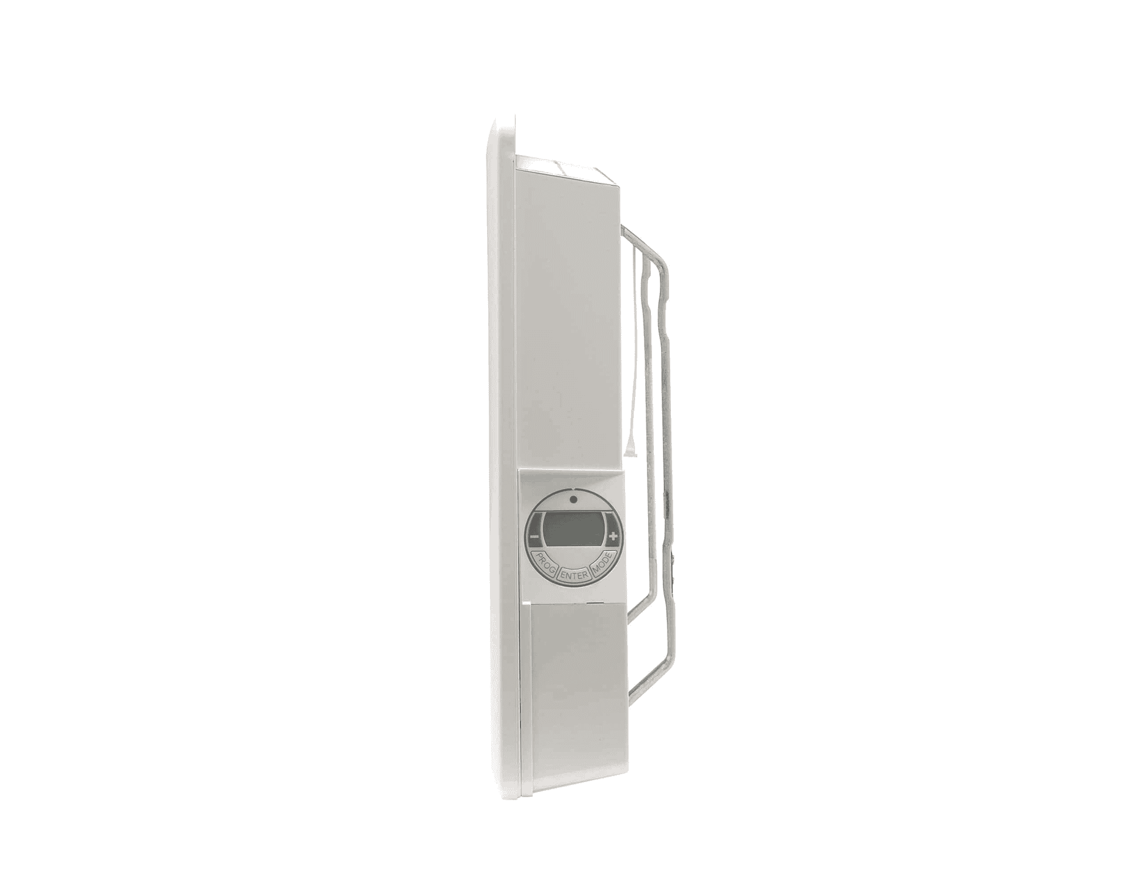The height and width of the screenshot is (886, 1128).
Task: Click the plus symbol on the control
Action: [x=613, y=536]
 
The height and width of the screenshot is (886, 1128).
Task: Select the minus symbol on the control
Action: [x=534, y=537]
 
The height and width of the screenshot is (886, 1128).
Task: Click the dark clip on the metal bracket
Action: [x=674, y=555]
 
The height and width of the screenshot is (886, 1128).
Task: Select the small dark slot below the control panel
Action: [x=595, y=603]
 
